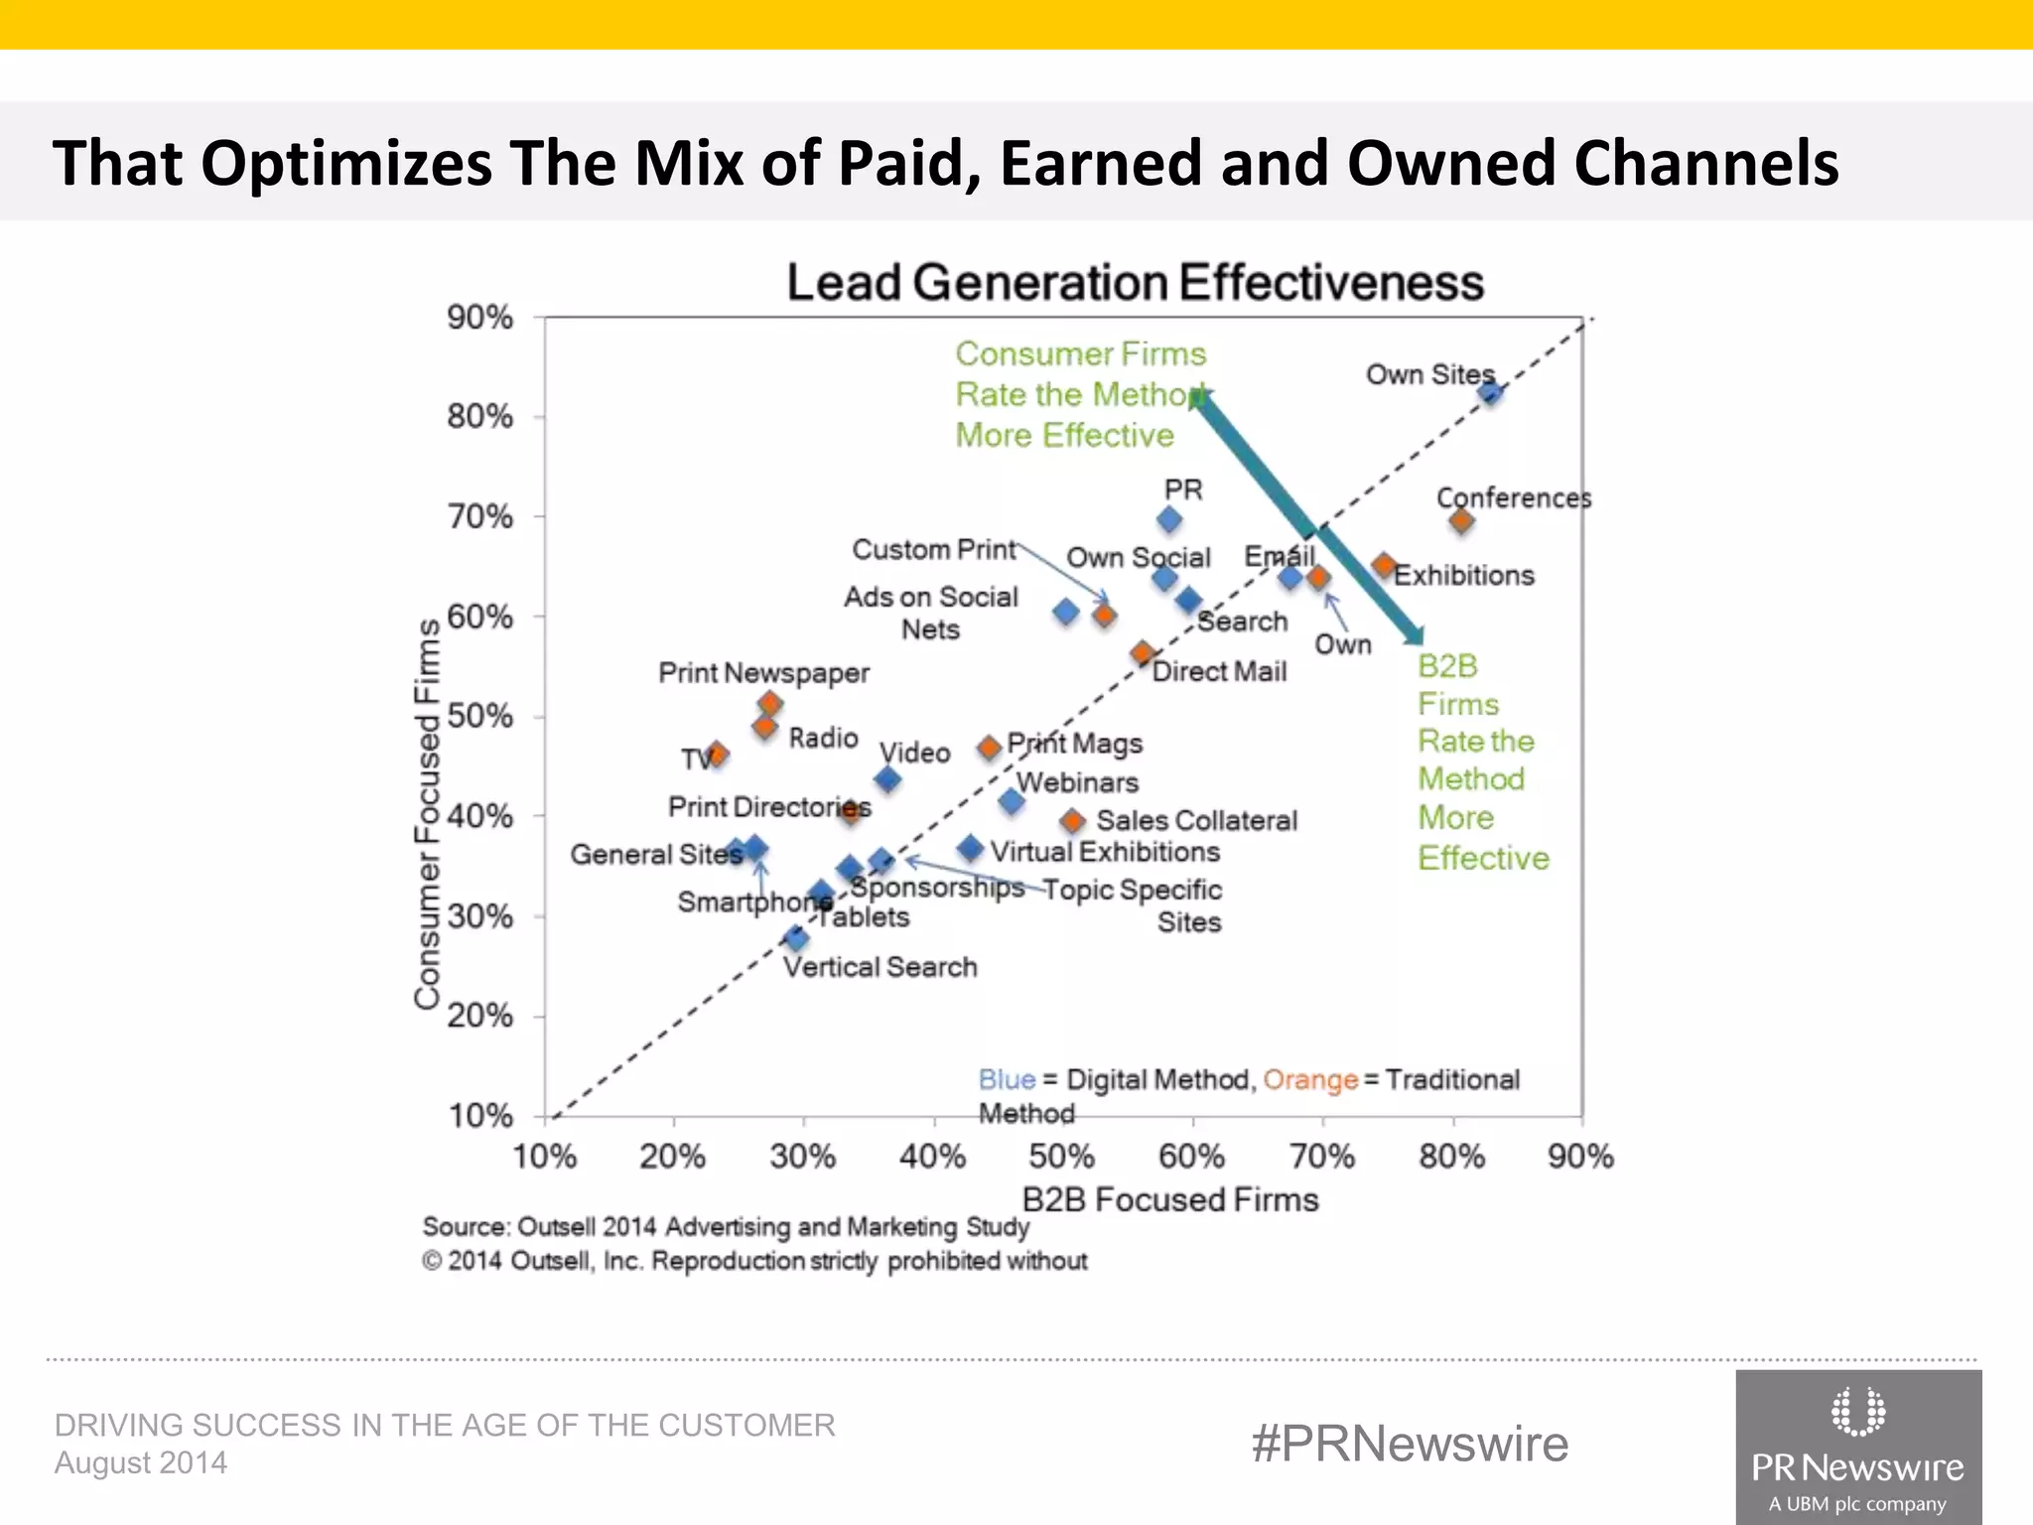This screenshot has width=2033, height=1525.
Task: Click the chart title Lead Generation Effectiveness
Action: tap(1135, 283)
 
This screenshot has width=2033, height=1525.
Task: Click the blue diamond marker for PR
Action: tap(1169, 519)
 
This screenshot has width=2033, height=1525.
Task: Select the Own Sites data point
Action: tap(1490, 393)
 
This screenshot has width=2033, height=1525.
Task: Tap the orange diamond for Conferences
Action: tap(1460, 520)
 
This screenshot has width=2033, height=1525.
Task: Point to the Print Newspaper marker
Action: tap(770, 704)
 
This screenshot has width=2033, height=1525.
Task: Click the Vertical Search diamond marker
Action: tap(796, 938)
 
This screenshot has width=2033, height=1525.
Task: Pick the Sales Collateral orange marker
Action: tap(1072, 821)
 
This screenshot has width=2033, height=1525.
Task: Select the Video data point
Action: tap(888, 779)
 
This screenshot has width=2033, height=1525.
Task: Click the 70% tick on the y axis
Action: tap(480, 516)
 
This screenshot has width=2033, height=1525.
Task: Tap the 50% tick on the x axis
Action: tap(1062, 1157)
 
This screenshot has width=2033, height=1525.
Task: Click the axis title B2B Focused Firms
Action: tap(1169, 1199)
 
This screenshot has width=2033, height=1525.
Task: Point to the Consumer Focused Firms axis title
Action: tap(427, 814)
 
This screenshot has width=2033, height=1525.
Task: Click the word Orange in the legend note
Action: tap(1309, 1079)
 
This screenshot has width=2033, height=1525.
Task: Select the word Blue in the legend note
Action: tap(1007, 1079)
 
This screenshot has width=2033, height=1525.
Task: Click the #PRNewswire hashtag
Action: tap(1410, 1443)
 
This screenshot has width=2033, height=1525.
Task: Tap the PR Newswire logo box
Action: tap(1857, 1447)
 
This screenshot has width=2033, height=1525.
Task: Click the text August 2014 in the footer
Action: tap(141, 1462)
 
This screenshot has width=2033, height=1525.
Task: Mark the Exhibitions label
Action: tap(1463, 575)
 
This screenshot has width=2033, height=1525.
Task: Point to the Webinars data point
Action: tap(1012, 801)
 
